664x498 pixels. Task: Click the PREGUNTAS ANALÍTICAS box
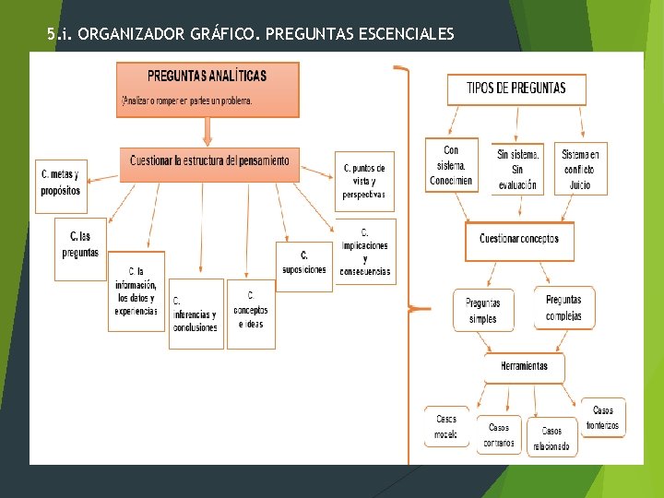point(208,89)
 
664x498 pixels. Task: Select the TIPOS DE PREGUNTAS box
point(516,89)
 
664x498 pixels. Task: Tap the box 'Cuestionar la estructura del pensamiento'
point(209,161)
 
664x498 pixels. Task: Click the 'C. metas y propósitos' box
point(60,183)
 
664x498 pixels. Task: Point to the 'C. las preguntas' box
point(81,248)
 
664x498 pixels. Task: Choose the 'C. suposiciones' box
point(303,265)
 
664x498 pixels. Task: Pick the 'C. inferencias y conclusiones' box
point(196,314)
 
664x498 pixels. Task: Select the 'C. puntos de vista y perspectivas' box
point(364,181)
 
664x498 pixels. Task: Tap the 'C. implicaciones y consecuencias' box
point(365,251)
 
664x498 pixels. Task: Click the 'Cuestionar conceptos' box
point(519,240)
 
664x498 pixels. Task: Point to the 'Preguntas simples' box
point(483,310)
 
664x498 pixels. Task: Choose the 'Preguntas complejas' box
point(563,308)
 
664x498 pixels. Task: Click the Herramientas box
point(524,367)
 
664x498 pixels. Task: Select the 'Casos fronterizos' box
point(603,418)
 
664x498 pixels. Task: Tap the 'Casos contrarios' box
point(499,434)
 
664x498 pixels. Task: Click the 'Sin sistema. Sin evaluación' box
point(517,167)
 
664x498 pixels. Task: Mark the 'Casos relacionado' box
point(551,437)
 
